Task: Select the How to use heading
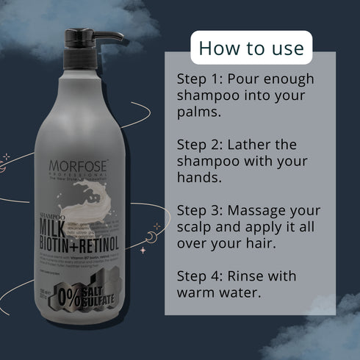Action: tap(251, 48)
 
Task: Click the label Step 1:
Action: tap(201, 79)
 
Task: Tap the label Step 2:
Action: tap(201, 144)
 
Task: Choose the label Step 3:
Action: tap(201, 210)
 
